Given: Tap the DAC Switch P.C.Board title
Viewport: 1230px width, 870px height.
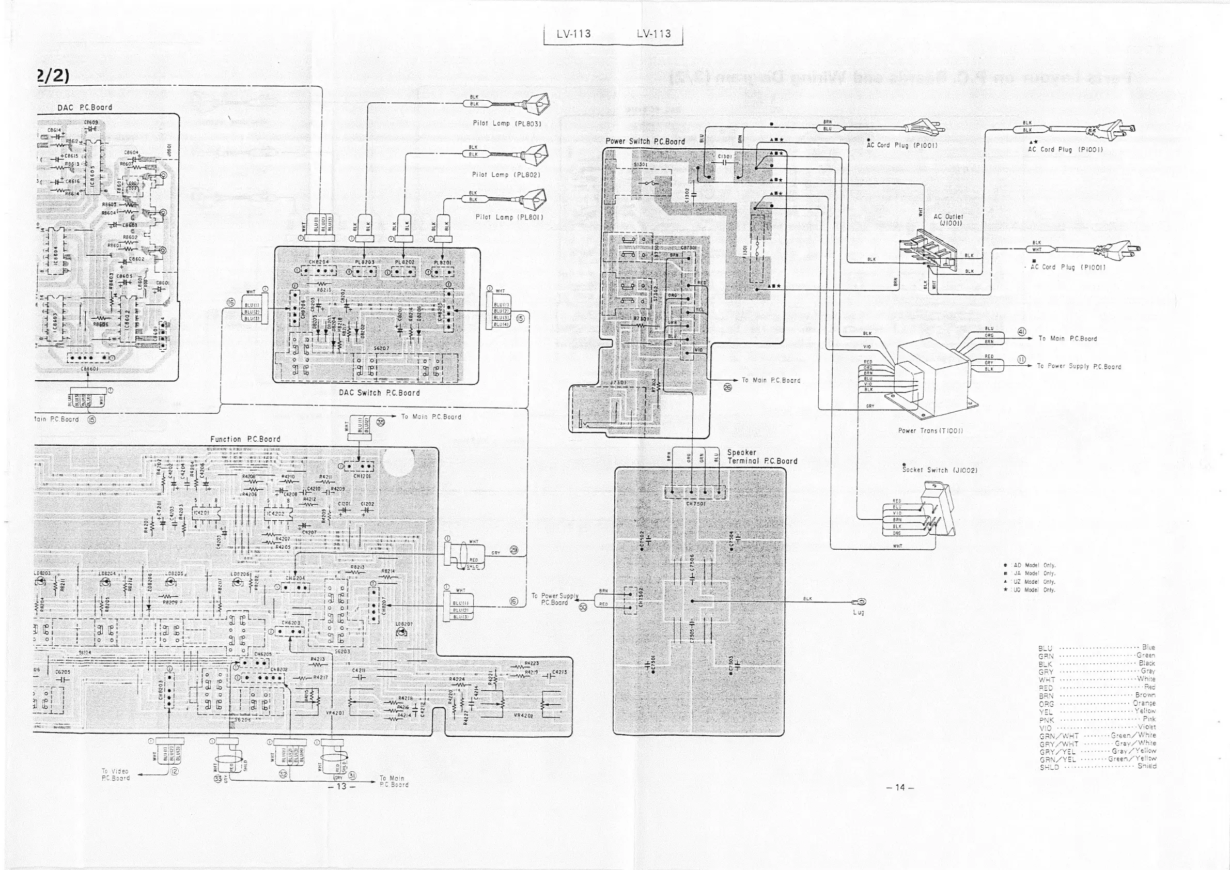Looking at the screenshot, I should pyautogui.click(x=379, y=393).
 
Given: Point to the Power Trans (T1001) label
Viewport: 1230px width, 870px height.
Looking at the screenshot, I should pyautogui.click(x=930, y=431).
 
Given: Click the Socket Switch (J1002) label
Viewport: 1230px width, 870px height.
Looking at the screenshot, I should pyautogui.click(x=940, y=470).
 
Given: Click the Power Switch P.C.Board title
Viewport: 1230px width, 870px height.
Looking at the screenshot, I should pyautogui.click(x=645, y=142).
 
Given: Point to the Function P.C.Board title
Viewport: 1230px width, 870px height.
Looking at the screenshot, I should pyautogui.click(x=245, y=439).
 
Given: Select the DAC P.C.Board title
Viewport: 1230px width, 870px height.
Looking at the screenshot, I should pyautogui.click(x=85, y=107).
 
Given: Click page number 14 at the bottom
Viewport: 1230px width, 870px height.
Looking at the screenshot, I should pyautogui.click(x=900, y=787).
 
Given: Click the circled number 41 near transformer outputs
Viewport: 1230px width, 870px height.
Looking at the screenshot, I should pyautogui.click(x=1022, y=332).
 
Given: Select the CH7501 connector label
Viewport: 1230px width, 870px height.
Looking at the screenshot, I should pyautogui.click(x=695, y=504).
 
